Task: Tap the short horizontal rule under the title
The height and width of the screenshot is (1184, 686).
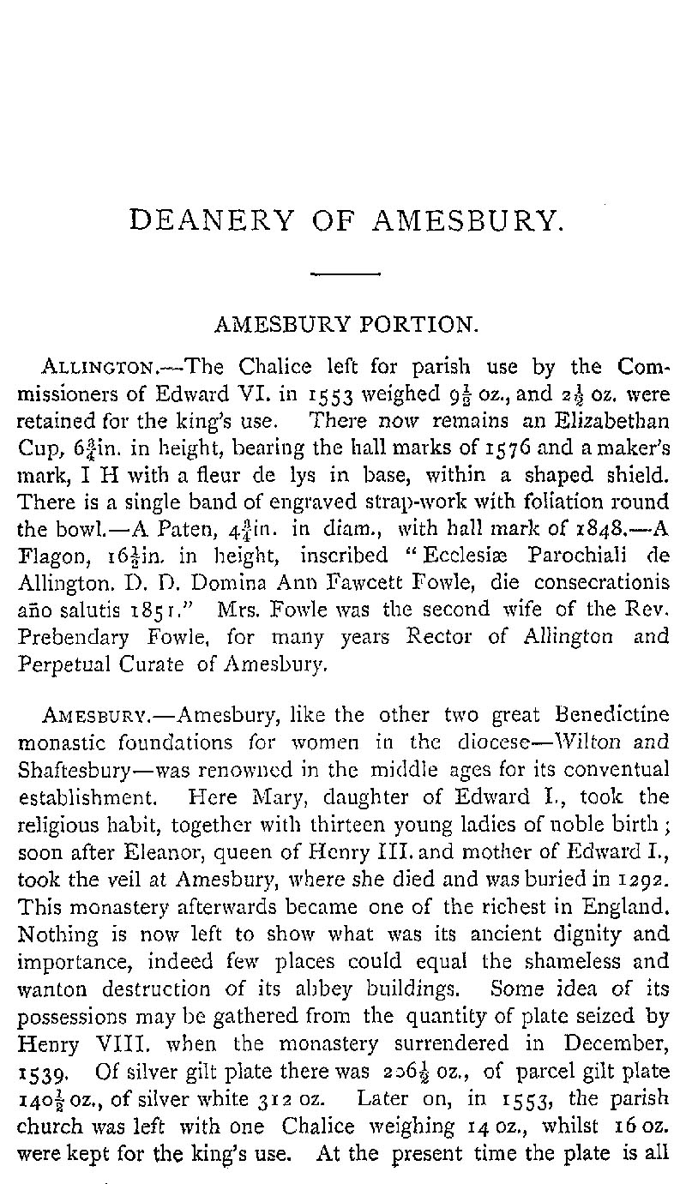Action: click(346, 274)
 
